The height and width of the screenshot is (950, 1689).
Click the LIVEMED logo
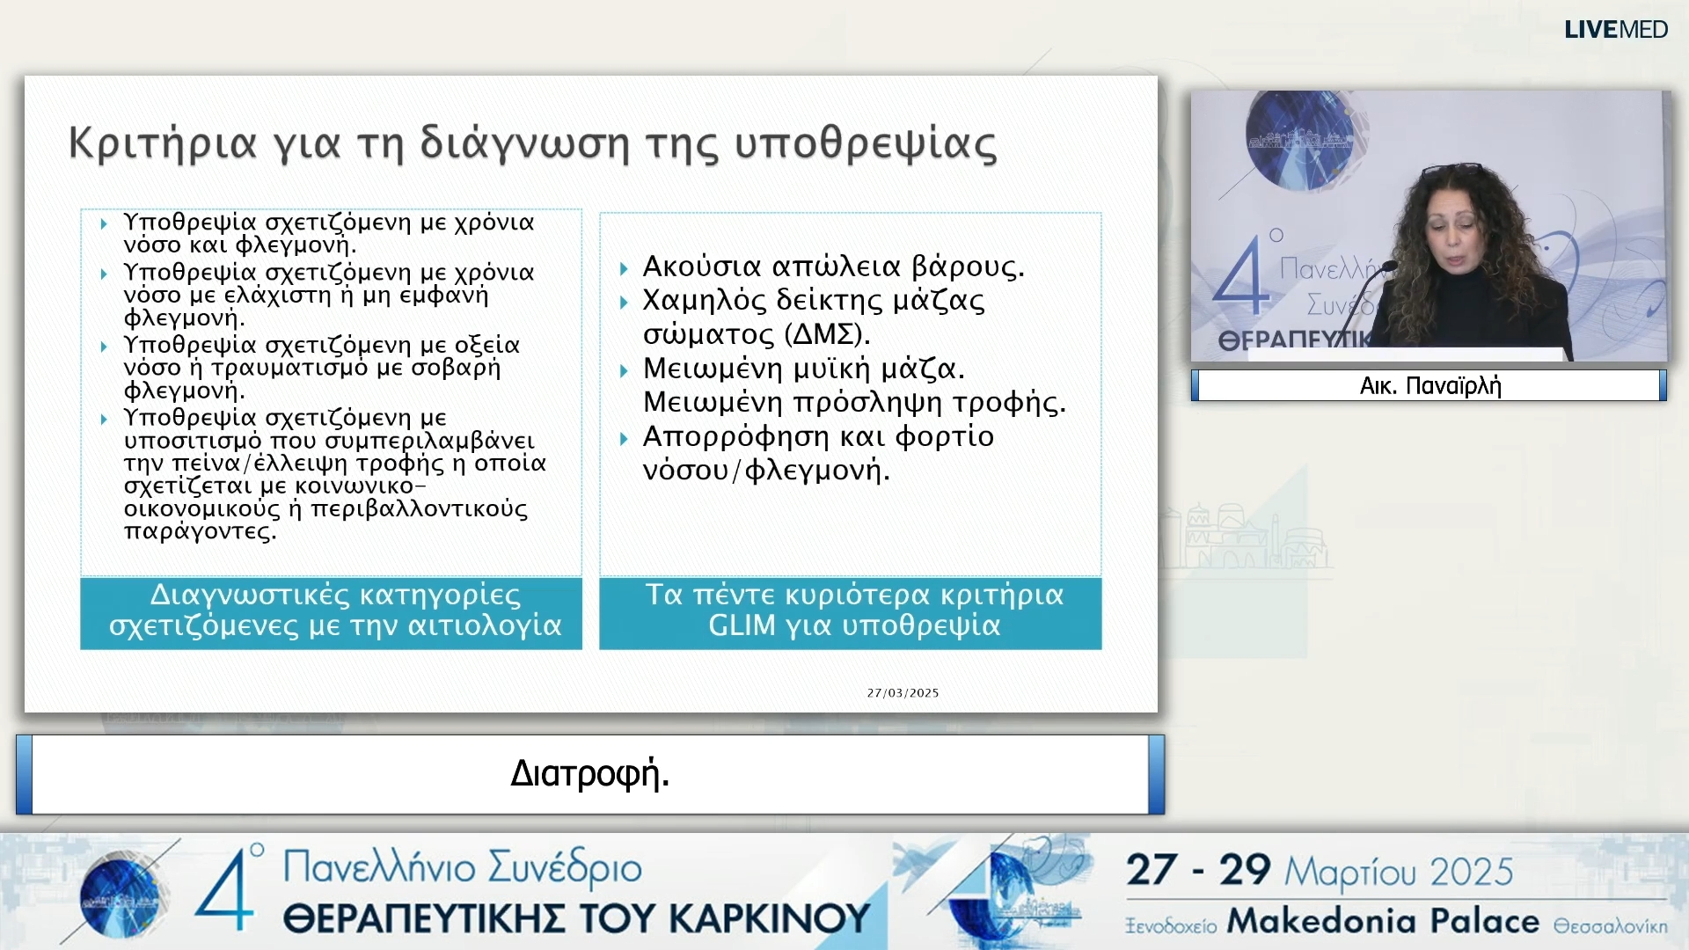click(x=1615, y=30)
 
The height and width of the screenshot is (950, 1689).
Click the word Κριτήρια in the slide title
click(x=163, y=143)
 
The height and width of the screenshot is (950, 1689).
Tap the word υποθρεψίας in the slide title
click(x=866, y=143)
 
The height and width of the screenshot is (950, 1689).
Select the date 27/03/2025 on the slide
click(x=903, y=693)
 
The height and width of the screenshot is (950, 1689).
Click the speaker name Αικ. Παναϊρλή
click(x=1430, y=386)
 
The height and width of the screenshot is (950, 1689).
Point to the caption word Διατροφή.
click(x=589, y=774)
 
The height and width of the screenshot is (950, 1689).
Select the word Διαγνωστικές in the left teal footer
click(x=249, y=595)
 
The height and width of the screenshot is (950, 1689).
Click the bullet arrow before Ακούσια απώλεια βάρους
click(x=624, y=268)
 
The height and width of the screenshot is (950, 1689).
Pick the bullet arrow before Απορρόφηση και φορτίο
click(x=624, y=438)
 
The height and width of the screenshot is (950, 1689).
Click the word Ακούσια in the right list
click(x=701, y=266)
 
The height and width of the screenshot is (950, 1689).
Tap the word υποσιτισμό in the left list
click(x=192, y=441)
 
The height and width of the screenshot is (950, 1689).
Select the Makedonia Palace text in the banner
click(x=1383, y=921)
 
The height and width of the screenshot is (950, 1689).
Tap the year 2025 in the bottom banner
click(x=1471, y=872)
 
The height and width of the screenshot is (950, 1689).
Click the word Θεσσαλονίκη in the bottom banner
click(x=1610, y=926)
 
